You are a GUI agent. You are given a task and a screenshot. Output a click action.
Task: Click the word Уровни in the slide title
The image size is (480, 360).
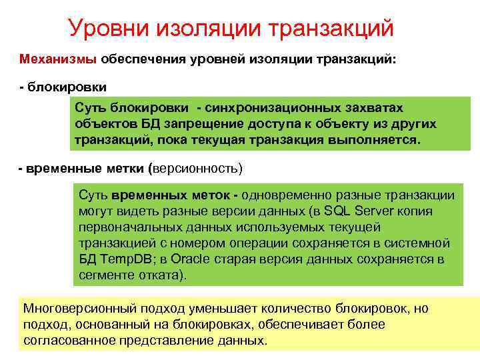[110, 28]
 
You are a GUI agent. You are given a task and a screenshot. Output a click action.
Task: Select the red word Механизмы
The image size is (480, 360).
[59, 59]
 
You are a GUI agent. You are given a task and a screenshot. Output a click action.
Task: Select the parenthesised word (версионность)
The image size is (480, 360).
[197, 167]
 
